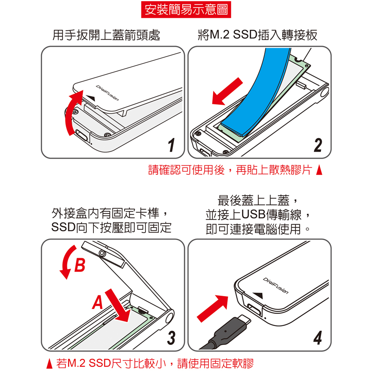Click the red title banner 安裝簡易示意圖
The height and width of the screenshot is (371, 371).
tap(186, 10)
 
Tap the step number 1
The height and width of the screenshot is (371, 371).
tap(171, 145)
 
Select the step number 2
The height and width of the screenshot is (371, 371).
tap(318, 145)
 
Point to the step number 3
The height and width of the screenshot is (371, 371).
tap(171, 338)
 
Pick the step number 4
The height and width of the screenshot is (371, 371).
tap(318, 338)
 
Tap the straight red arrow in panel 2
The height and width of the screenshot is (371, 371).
tap(227, 92)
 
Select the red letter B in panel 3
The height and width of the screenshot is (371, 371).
tap(80, 265)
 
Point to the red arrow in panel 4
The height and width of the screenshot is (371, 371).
tap(213, 308)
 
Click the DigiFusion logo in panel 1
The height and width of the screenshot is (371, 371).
tap(107, 93)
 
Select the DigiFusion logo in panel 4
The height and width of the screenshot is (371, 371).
tap(276, 286)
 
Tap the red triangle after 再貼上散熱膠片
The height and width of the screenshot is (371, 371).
tap(319, 170)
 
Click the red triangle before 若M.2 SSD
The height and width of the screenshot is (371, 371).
tap(49, 364)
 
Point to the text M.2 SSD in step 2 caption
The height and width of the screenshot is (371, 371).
tap(233, 35)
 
